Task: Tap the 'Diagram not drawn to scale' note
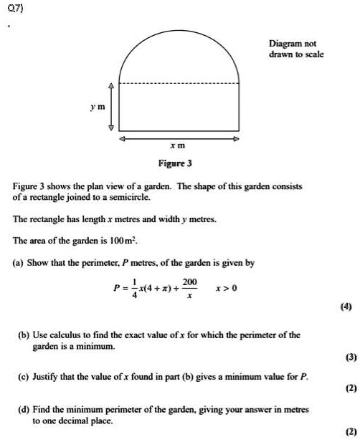click(x=296, y=49)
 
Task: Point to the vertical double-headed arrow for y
click(x=110, y=106)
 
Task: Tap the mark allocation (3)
click(x=346, y=356)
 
